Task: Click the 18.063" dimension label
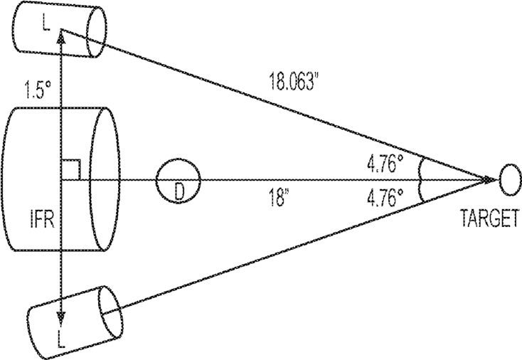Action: [292, 80]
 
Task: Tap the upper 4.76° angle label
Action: [385, 164]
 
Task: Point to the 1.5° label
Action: [38, 90]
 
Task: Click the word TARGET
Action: [490, 218]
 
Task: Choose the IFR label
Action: [42, 219]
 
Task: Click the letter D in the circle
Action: [179, 193]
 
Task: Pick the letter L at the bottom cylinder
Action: [61, 339]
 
